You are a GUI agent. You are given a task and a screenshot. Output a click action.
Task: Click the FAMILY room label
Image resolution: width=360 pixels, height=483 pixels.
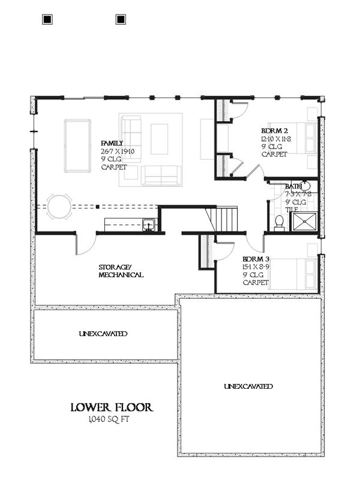tap(112, 143)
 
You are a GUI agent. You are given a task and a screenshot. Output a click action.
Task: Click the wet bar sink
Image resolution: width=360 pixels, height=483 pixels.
tap(149, 226)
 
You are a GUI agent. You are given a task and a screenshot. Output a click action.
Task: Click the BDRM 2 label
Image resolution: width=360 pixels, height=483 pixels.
tap(273, 131)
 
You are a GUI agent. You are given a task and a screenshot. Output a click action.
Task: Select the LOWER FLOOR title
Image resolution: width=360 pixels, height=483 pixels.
tap(112, 408)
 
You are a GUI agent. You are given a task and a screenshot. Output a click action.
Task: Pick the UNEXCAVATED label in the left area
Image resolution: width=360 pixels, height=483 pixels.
tap(103, 334)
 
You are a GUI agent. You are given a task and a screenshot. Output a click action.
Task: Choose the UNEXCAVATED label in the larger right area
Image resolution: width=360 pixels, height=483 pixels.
tap(248, 386)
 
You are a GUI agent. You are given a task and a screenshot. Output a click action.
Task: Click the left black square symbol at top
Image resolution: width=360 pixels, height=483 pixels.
tap(48, 19)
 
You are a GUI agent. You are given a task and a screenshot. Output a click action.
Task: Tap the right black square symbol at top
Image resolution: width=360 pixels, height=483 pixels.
tap(121, 19)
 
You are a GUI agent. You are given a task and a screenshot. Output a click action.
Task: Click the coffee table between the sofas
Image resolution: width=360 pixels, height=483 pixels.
tap(159, 139)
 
